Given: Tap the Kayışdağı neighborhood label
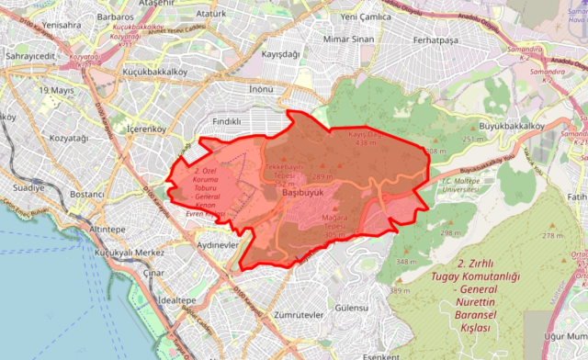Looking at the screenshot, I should click(x=281, y=55).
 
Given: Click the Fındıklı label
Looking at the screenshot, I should click(x=225, y=120).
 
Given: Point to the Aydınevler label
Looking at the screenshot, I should click(x=218, y=247).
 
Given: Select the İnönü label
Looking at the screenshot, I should click(x=262, y=89).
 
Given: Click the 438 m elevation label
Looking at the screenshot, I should click(x=367, y=143).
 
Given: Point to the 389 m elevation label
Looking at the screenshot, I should click(x=399, y=291).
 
